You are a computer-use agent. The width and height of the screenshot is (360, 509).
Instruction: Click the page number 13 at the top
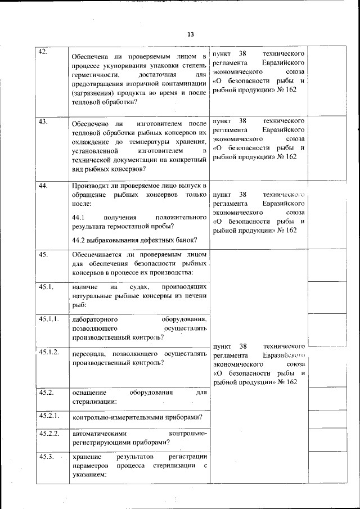[x=190, y=34]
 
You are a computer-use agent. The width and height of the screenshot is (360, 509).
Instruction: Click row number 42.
[x=43, y=52]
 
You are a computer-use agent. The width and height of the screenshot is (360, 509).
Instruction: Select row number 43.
[x=43, y=120]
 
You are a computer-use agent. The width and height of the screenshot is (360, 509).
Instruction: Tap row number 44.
[x=43, y=186]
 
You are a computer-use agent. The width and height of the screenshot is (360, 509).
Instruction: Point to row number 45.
[x=43, y=254]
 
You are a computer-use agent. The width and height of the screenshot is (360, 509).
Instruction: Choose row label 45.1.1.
[x=49, y=319]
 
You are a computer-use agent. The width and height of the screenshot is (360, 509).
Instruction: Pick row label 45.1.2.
[x=49, y=352]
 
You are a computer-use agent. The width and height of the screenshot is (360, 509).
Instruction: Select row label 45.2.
[x=46, y=391]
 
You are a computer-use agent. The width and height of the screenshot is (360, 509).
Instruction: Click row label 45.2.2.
[x=49, y=434]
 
